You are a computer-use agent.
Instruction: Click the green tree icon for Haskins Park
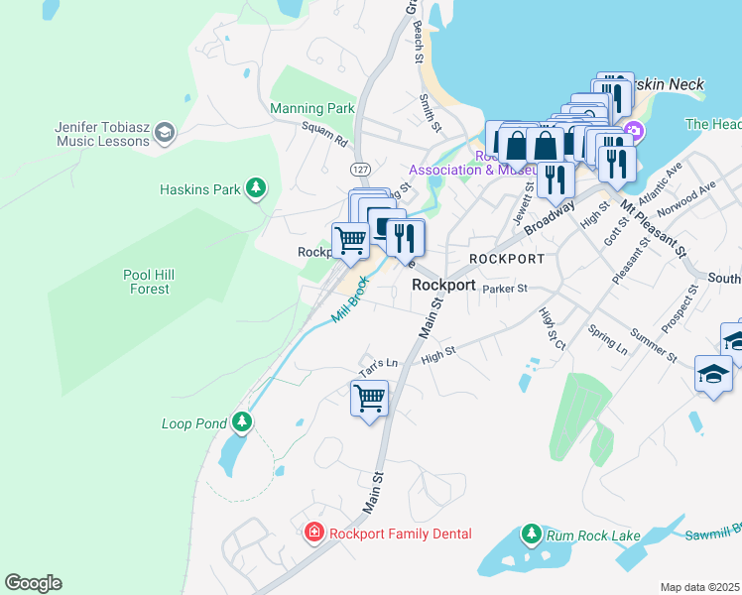point(256,186)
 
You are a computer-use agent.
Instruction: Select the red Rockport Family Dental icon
point(314,534)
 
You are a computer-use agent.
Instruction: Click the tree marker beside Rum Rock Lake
point(531,535)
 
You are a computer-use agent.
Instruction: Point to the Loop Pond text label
point(194,423)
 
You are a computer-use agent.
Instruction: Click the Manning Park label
point(311,108)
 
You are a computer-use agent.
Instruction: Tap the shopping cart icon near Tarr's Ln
point(369,399)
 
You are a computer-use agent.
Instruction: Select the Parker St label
point(505,287)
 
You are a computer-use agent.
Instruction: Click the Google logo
point(33,583)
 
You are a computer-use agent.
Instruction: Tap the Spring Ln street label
point(607,340)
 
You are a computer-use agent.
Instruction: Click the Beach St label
point(418,41)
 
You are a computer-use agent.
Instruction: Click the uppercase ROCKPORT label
point(507,258)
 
